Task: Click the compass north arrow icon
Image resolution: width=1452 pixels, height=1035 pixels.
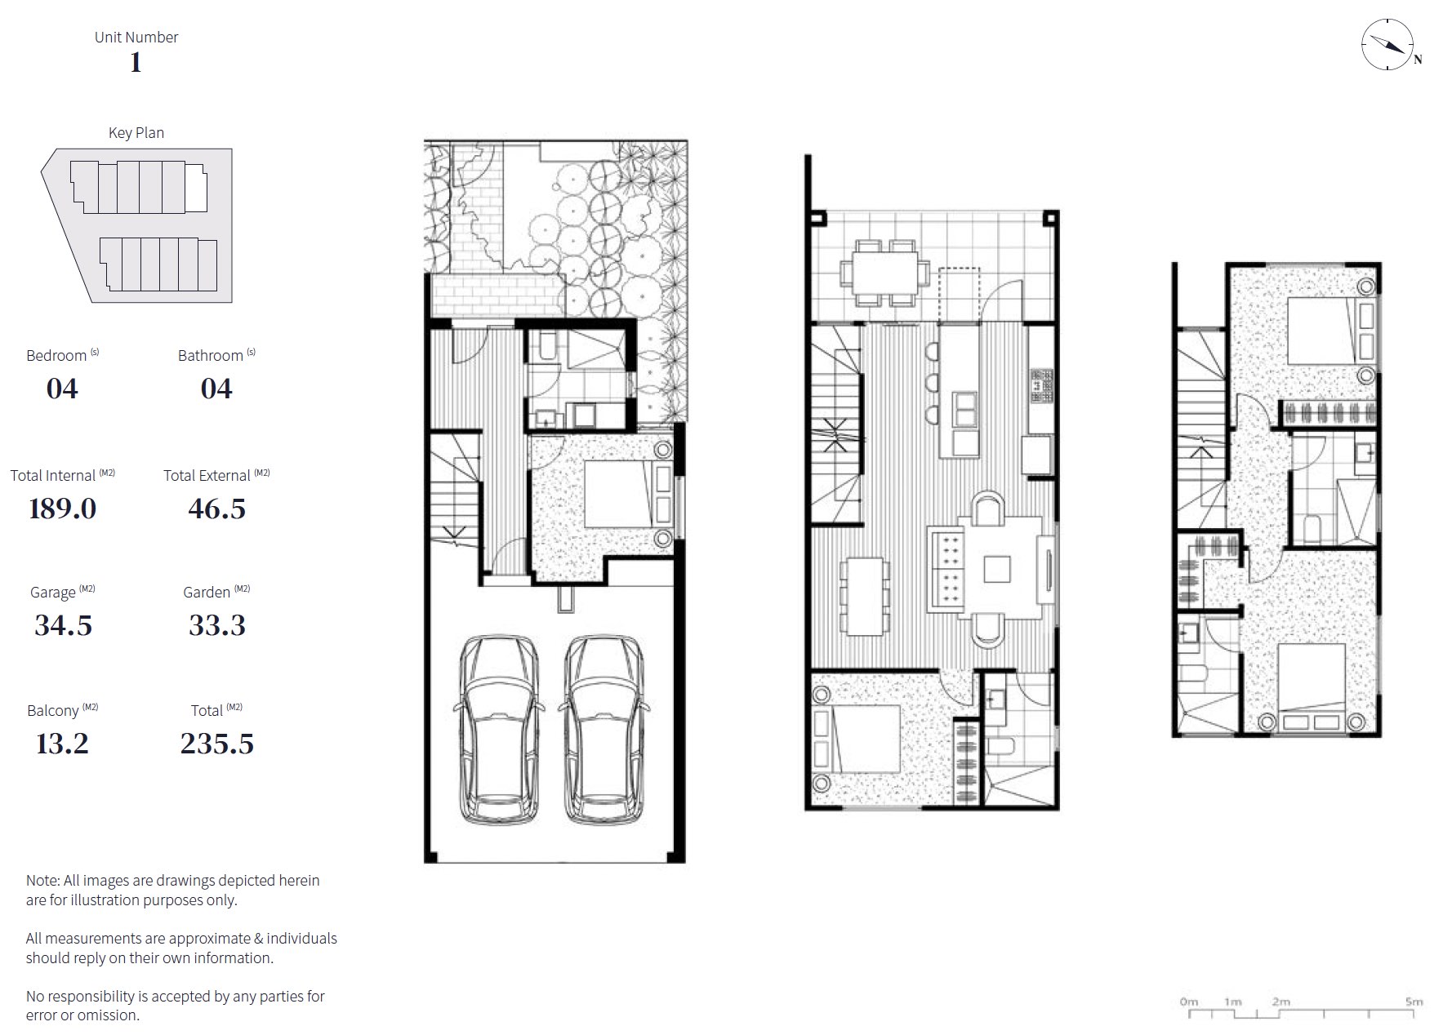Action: point(1388,44)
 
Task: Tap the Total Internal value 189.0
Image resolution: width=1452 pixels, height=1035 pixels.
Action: point(63,509)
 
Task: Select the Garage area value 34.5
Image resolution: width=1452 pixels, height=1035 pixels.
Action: point(63,625)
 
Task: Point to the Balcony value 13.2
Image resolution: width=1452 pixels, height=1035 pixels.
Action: point(62,744)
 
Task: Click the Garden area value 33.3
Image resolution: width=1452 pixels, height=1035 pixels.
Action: point(217,625)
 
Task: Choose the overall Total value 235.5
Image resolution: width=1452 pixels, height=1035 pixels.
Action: point(217,744)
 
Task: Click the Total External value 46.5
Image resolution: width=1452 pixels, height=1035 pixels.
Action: point(217,509)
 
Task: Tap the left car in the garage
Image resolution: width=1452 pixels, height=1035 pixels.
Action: point(499,730)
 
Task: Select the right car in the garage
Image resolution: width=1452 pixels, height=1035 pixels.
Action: point(604,730)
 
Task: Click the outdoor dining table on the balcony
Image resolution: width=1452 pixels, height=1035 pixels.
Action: point(886,271)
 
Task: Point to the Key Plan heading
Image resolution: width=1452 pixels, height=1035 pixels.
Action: point(136,133)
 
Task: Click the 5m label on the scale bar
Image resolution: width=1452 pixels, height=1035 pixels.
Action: point(1414,1002)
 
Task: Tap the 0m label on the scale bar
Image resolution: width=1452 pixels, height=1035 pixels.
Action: point(1189,1002)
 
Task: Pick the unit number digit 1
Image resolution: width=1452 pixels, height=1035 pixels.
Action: point(136,62)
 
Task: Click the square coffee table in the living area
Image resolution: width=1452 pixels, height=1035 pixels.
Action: point(997,568)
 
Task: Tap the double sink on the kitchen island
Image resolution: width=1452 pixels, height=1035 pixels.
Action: point(966,409)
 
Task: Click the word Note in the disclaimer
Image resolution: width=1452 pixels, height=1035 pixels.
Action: point(42,881)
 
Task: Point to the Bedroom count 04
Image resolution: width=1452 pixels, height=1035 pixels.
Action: point(62,389)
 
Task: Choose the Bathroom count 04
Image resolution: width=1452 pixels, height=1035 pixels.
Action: point(216,389)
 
